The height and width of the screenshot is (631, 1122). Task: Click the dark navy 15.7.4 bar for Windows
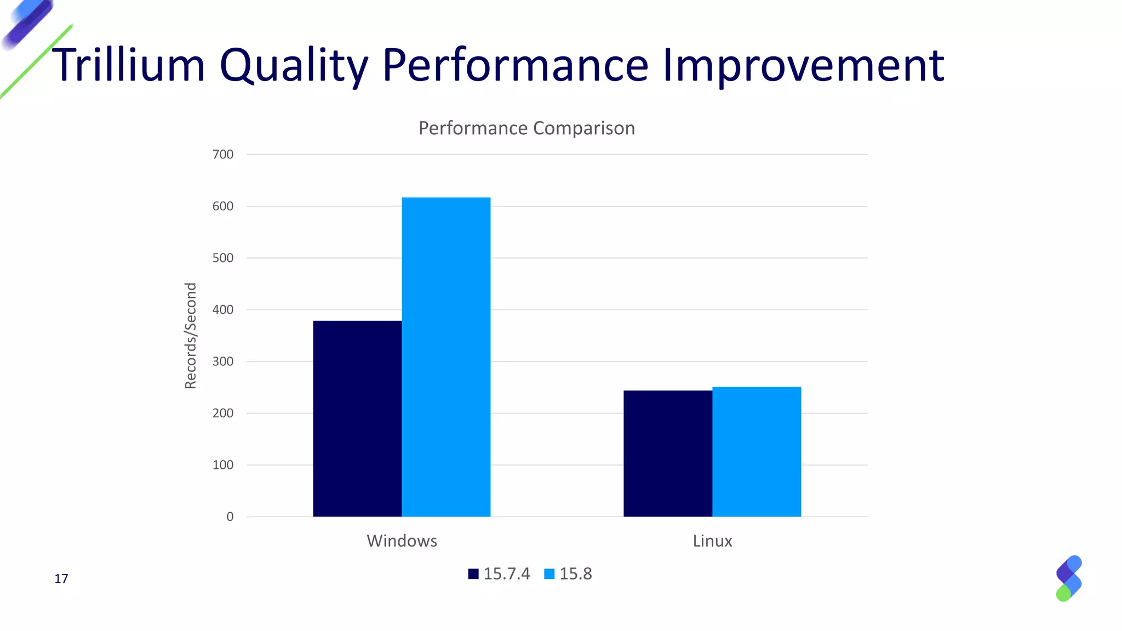pyautogui.click(x=357, y=418)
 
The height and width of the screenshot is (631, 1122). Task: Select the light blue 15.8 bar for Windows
pyautogui.click(x=446, y=357)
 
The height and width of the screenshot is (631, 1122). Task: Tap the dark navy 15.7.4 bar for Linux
pyautogui.click(x=668, y=453)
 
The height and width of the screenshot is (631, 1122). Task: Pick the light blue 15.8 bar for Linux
pyautogui.click(x=757, y=451)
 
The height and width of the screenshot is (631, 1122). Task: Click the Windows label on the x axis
pyautogui.click(x=402, y=541)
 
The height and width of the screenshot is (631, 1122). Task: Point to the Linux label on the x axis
pyautogui.click(x=712, y=541)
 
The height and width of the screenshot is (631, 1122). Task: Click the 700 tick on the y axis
pyautogui.click(x=223, y=154)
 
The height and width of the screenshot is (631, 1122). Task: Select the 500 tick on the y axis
pyautogui.click(x=223, y=258)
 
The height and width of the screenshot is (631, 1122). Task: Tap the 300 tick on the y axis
pyautogui.click(x=223, y=362)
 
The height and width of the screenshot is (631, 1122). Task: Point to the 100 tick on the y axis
pyautogui.click(x=223, y=465)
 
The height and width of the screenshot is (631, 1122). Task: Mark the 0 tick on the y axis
pyautogui.click(x=230, y=517)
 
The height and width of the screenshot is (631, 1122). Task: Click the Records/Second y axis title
pyautogui.click(x=190, y=336)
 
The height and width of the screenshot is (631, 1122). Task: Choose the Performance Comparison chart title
pyautogui.click(x=526, y=128)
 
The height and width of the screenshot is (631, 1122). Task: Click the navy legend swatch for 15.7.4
pyautogui.click(x=473, y=573)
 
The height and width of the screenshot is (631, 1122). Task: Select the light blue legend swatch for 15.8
pyautogui.click(x=549, y=573)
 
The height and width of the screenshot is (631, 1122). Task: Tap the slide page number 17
pyautogui.click(x=61, y=578)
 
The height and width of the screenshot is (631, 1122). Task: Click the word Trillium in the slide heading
pyautogui.click(x=128, y=65)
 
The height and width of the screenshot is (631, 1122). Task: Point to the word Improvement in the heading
pyautogui.click(x=803, y=65)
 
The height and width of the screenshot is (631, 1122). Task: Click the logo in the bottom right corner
pyautogui.click(x=1068, y=578)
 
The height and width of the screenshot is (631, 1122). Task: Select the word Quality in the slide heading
pyautogui.click(x=294, y=65)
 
